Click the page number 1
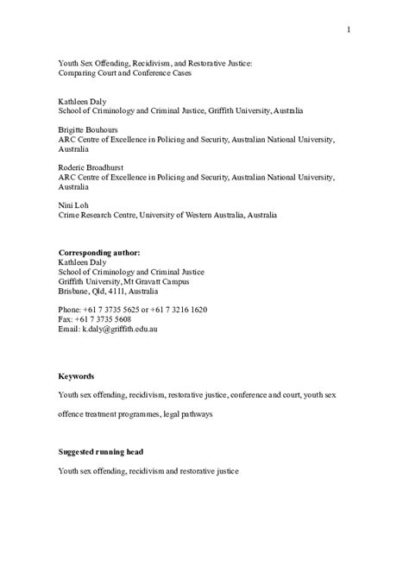coord(349,31)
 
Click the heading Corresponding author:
coord(98,253)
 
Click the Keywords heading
coord(76,376)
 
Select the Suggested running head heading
coord(100,451)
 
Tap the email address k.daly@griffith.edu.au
coord(120,329)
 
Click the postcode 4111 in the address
coord(116,291)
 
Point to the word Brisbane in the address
coord(74,291)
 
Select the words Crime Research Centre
coord(96,216)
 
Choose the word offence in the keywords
coord(72,414)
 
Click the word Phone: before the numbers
coord(71,309)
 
